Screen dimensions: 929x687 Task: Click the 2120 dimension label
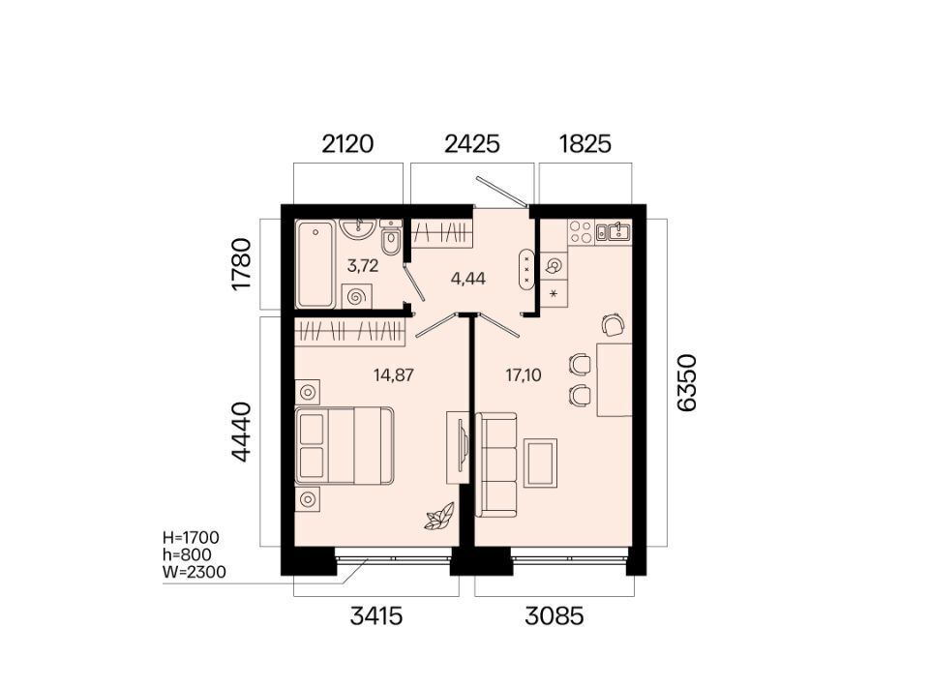point(347,144)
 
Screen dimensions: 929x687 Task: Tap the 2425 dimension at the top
point(472,144)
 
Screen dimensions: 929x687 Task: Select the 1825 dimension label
point(584,144)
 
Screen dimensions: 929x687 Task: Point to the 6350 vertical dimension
point(687,382)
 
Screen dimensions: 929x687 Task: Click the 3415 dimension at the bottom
point(376,616)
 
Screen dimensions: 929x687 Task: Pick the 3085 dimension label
point(554,616)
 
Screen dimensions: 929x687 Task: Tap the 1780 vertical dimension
point(242,264)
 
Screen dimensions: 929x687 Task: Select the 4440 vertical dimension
point(242,432)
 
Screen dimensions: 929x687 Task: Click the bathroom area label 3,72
point(363,266)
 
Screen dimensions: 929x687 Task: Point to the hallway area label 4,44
point(468,278)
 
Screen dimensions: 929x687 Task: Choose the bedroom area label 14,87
point(394,374)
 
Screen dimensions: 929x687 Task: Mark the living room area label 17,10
point(524,374)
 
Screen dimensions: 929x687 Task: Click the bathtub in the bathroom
point(315,264)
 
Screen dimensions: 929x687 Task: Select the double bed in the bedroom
point(345,445)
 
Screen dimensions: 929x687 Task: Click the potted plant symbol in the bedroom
point(439,516)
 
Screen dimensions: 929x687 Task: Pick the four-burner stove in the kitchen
point(581,231)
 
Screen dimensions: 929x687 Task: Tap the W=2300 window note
point(194,572)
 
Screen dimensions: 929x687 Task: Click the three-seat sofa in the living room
point(496,464)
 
